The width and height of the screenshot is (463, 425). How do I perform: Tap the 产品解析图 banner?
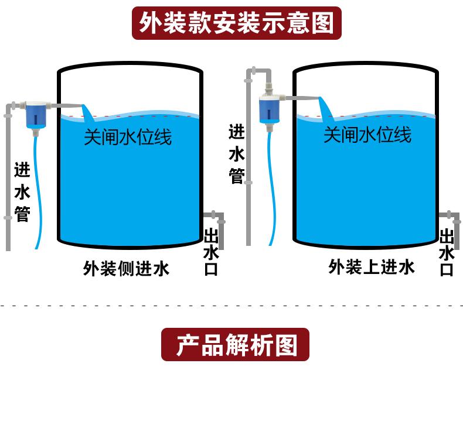coord(235,344)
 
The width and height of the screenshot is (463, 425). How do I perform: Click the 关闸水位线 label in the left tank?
coord(128,138)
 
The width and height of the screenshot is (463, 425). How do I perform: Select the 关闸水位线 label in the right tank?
coord(367,135)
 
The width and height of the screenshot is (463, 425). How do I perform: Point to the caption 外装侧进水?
coord(126,269)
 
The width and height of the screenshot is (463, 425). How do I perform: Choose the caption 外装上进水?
coord(372,267)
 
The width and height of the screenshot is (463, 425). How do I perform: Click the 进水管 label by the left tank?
coord(22,192)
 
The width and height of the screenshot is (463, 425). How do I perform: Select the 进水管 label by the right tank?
coord(236,154)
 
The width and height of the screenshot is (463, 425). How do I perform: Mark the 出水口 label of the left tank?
coord(211,253)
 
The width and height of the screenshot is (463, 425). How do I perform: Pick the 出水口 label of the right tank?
coord(447,253)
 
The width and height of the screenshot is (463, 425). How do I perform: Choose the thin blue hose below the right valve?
coord(271,193)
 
